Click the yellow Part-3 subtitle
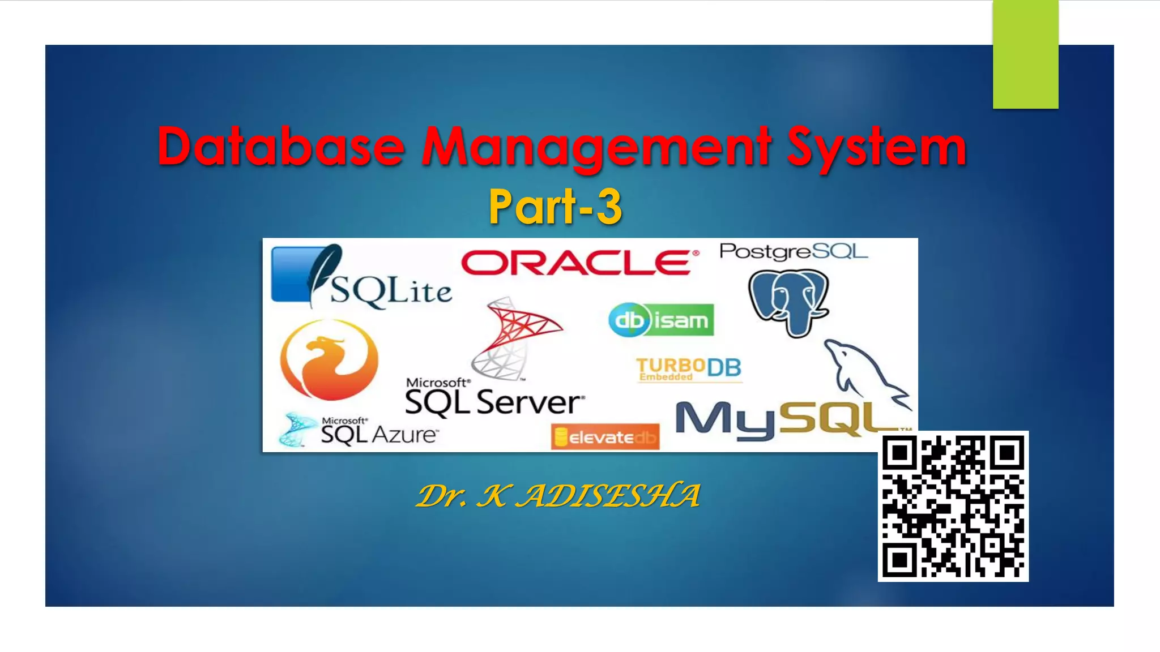[555, 207]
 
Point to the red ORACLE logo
[578, 263]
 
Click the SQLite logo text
[391, 291]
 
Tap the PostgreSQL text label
[793, 251]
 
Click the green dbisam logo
[661, 320]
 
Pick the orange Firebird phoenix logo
[329, 359]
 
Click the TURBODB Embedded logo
[688, 369]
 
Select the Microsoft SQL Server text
[494, 397]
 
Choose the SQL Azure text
[378, 433]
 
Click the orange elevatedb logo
[605, 437]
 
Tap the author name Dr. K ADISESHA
[558, 496]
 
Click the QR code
[953, 506]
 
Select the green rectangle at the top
[1025, 54]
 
